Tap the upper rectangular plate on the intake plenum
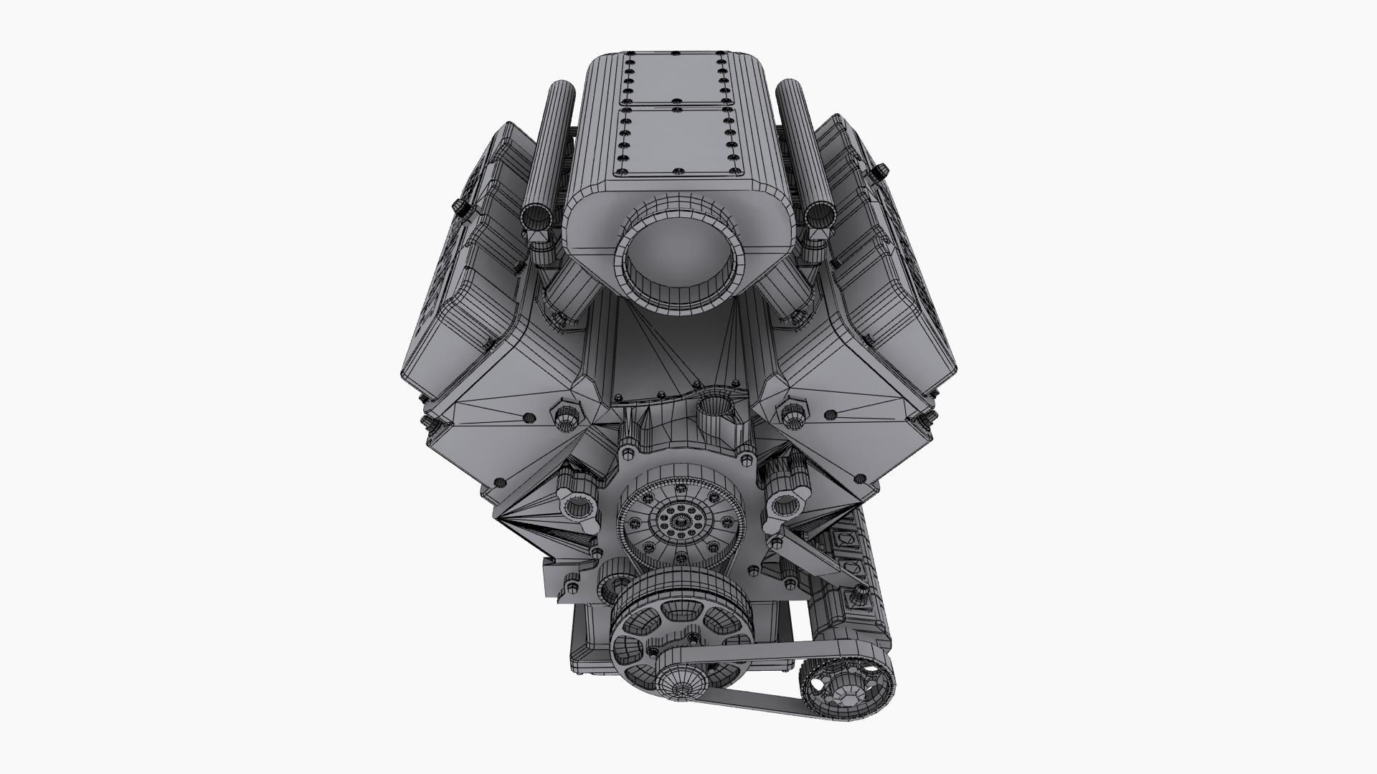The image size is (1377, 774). click(674, 80)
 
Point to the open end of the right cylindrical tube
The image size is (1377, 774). click(819, 216)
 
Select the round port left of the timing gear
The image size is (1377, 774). click(577, 508)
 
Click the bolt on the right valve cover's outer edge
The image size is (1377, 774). click(880, 171)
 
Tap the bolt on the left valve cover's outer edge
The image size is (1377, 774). click(461, 207)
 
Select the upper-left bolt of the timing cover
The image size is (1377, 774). click(629, 454)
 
